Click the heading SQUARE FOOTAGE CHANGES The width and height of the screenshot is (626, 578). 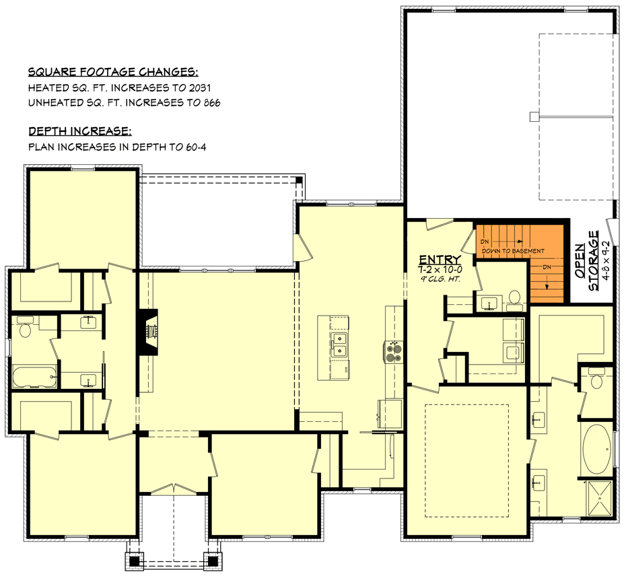tap(112, 72)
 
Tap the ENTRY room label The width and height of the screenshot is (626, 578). tap(440, 260)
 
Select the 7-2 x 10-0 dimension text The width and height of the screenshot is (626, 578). tap(440, 270)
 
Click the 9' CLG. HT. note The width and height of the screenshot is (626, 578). tap(440, 279)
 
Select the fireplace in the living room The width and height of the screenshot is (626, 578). tap(149, 331)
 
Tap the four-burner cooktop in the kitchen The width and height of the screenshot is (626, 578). tap(392, 351)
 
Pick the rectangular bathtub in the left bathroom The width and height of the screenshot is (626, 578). tap(32, 377)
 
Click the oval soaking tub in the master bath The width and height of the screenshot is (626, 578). tap(596, 449)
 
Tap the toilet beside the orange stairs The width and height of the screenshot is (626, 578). tap(515, 297)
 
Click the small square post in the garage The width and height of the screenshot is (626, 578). tap(534, 116)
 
